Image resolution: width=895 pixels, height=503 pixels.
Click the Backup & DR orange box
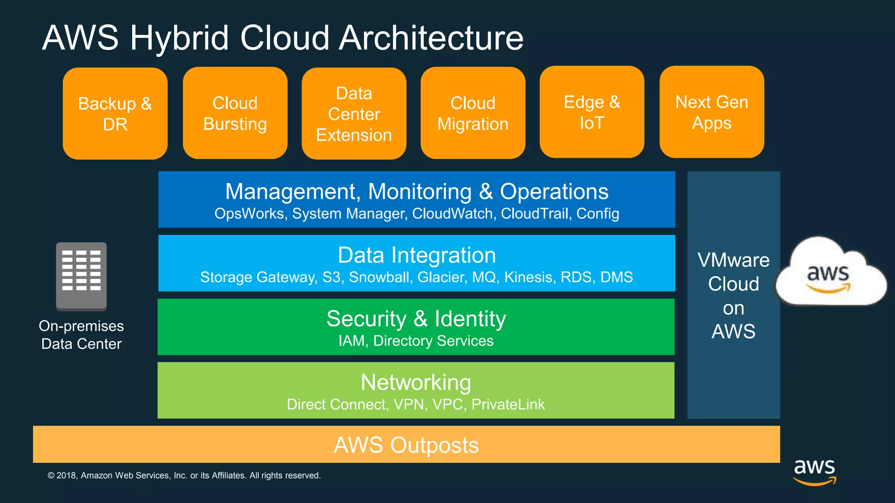(115, 114)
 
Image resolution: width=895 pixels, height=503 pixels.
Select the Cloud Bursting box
(235, 113)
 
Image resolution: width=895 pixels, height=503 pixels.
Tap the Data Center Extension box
(354, 114)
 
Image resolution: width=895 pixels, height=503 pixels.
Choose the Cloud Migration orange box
(473, 113)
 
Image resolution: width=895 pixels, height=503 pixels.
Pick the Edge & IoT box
(592, 112)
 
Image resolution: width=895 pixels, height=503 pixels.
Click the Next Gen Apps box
(711, 112)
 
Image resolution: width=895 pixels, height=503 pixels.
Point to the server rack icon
(81, 276)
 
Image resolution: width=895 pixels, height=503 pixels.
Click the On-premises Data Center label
(81, 335)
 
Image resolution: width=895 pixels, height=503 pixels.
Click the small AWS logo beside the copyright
(814, 472)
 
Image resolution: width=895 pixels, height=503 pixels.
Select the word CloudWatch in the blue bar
(452, 214)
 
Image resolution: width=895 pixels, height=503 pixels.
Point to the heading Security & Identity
(416, 318)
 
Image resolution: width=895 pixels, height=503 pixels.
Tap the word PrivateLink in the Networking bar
(508, 404)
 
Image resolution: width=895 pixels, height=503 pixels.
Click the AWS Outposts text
(406, 445)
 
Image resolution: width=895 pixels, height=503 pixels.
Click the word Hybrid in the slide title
(179, 38)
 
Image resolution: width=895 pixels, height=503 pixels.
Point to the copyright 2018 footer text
(184, 475)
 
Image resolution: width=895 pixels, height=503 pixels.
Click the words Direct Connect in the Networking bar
(337, 404)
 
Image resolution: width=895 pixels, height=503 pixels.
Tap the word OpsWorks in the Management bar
(249, 214)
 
